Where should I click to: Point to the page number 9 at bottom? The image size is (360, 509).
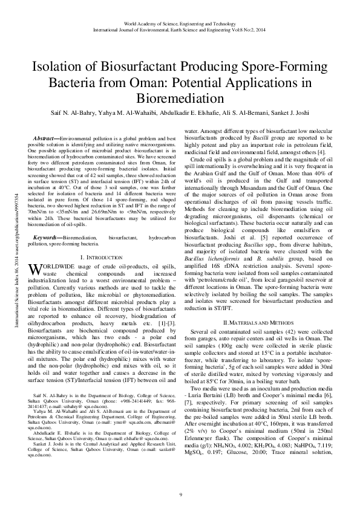click(180, 495)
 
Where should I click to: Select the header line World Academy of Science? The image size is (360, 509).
click(180, 22)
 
